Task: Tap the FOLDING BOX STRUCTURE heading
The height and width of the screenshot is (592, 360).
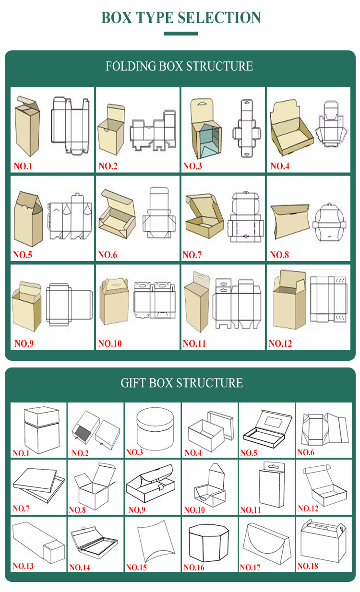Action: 179,66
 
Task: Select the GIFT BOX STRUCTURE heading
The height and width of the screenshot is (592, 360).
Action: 181,383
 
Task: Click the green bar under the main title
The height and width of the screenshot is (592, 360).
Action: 180,34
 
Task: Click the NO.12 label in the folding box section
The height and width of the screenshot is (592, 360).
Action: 280,343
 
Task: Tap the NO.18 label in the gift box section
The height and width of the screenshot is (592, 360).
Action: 307,566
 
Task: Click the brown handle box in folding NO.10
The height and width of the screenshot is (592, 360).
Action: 114,302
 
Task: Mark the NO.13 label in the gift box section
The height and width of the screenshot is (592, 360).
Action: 23,566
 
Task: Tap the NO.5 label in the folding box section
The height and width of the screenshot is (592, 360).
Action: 23,255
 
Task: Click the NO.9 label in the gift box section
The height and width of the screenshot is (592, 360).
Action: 136,510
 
